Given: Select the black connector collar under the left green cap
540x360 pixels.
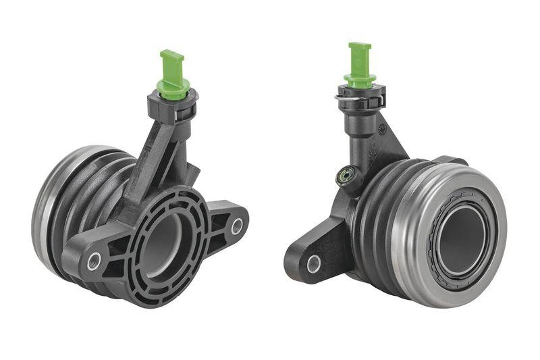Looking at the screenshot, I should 171,107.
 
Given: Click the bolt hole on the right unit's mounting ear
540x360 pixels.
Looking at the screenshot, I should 314,264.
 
